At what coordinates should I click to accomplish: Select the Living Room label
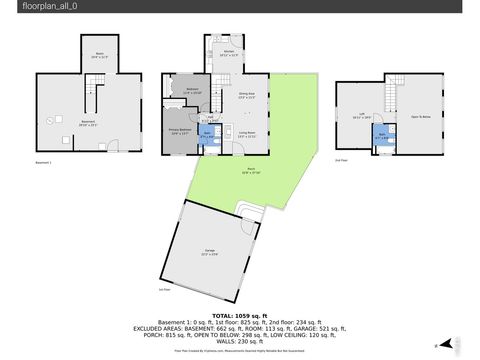pos(247,133)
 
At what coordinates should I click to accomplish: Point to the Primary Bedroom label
pos(181,130)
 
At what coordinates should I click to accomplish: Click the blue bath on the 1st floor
pos(208,134)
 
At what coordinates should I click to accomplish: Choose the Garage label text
pos(210,252)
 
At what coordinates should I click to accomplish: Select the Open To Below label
pos(421,116)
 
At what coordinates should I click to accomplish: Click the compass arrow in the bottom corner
pos(436,345)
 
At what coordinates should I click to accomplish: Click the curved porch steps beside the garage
pos(244,208)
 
